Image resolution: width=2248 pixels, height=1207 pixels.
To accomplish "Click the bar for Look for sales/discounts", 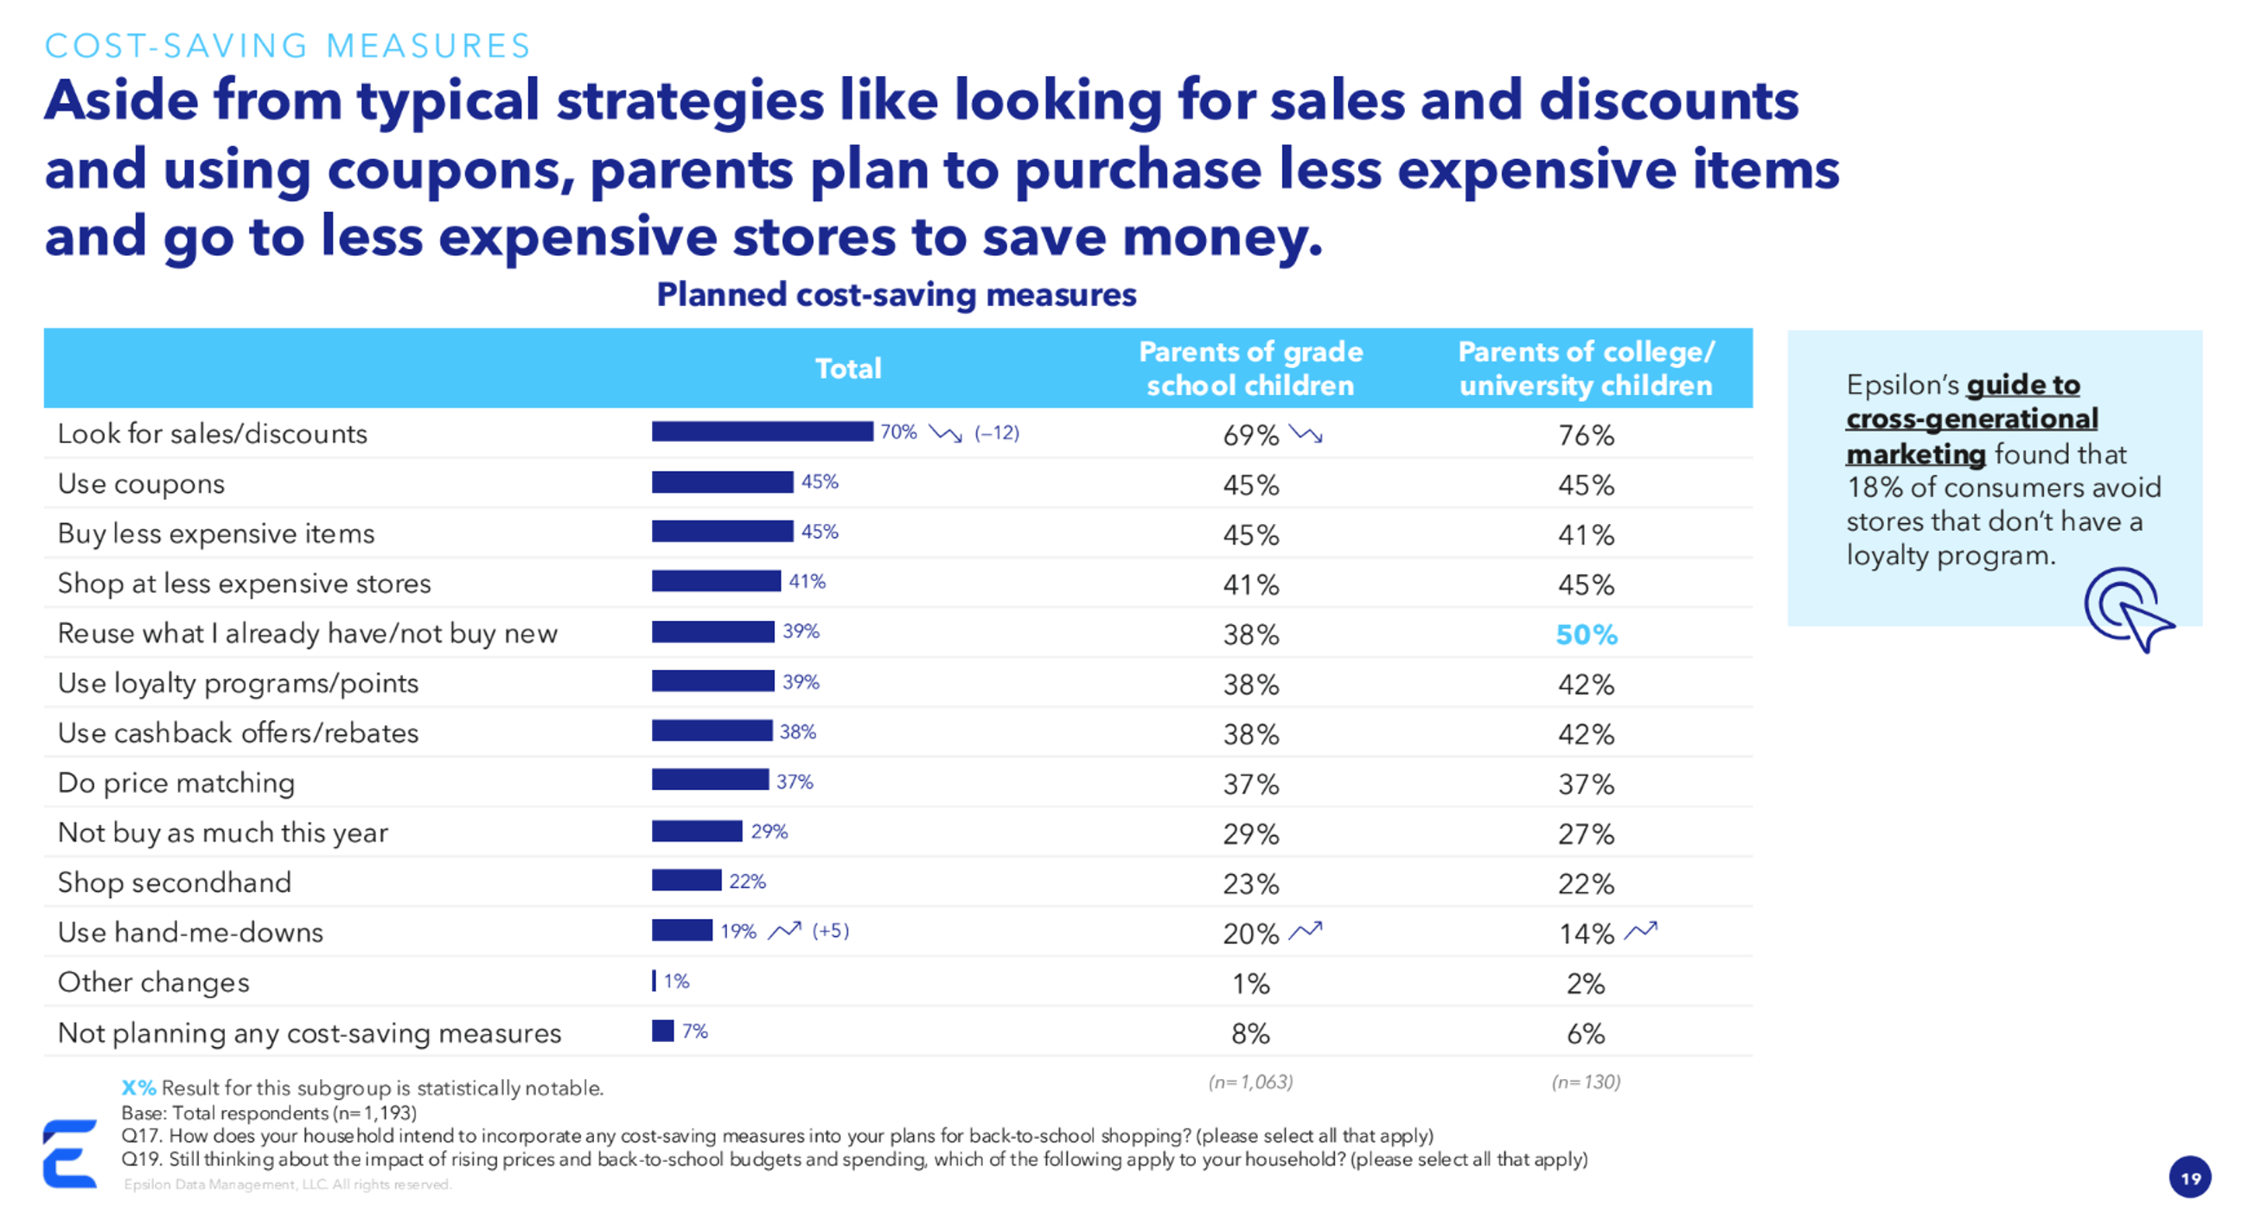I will tap(761, 431).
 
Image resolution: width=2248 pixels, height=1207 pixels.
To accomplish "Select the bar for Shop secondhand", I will tap(686, 879).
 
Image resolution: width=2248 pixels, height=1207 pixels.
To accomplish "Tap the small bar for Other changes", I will tap(654, 980).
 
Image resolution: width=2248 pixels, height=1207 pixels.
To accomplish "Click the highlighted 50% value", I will tap(1586, 635).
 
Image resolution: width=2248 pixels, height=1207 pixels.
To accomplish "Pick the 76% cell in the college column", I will tap(1586, 435).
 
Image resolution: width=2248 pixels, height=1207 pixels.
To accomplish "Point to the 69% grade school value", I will tap(1249, 435).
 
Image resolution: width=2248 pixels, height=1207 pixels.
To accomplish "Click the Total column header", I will tap(847, 368).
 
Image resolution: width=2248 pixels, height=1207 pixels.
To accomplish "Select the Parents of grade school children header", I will tap(1249, 368).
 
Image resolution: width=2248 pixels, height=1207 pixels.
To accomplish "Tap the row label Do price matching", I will tap(176, 782).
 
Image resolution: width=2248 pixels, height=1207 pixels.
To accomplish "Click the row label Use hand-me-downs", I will tap(190, 932).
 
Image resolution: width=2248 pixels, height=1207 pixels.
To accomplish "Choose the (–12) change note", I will tap(997, 432).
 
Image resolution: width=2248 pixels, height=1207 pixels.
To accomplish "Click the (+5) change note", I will tap(830, 930).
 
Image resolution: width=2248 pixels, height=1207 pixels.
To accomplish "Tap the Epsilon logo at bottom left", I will tap(70, 1153).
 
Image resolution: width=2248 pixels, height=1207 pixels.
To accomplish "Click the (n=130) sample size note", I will tap(1585, 1082).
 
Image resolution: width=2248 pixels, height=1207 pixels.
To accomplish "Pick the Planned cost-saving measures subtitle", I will tap(897, 295).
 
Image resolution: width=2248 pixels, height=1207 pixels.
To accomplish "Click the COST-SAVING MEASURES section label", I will tap(287, 45).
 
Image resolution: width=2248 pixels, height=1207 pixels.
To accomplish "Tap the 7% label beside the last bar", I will tap(694, 1031).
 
